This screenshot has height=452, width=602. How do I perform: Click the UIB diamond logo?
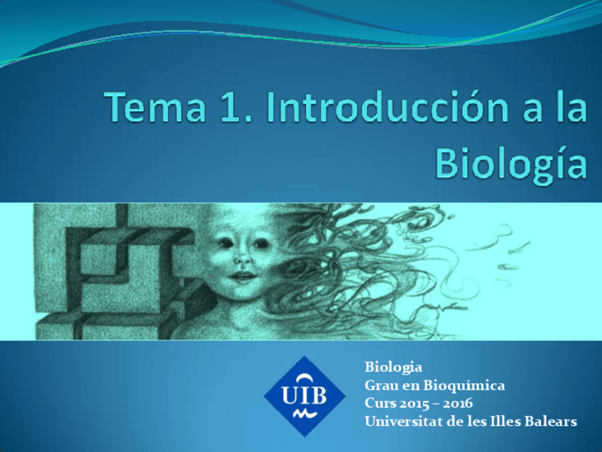(x=305, y=396)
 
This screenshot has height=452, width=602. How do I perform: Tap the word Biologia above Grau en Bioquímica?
(x=393, y=367)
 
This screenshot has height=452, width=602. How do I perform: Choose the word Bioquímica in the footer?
(x=464, y=386)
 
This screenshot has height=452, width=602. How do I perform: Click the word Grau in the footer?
(x=381, y=386)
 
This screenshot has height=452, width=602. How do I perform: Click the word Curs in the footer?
(x=379, y=404)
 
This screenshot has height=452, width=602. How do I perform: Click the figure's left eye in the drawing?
(x=226, y=244)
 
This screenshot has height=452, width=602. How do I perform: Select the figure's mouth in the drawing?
(x=242, y=276)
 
